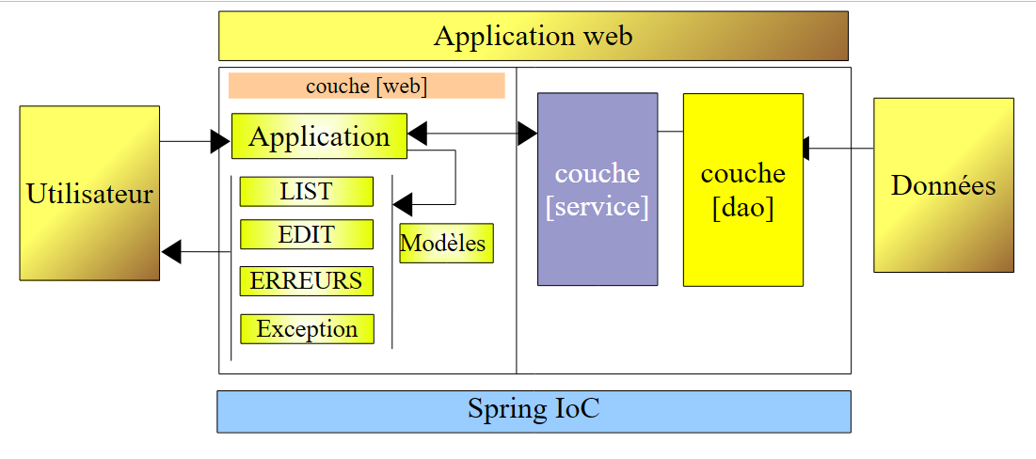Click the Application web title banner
533,36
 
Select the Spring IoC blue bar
534,411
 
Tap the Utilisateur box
89,193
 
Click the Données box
943,185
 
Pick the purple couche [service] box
597,189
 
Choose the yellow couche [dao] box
742,189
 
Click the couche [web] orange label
366,86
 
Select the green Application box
319,136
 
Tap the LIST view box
306,191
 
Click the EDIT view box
306,234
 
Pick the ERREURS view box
306,280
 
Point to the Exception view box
307,329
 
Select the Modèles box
445,244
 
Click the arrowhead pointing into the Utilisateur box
171,251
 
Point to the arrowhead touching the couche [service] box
527,135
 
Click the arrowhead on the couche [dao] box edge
806,149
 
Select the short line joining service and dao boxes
670,132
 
